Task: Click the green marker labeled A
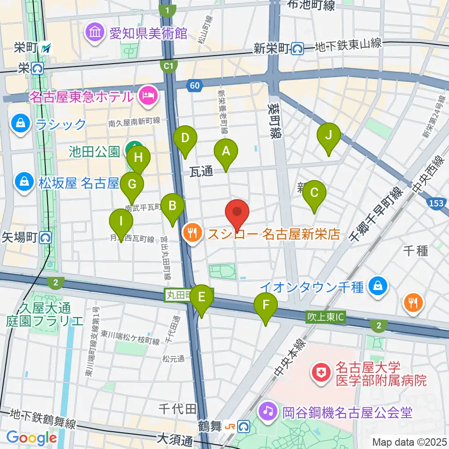[226, 152]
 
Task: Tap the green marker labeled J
[328, 136]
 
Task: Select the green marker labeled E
[202, 297]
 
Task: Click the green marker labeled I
[121, 221]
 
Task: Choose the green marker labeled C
[314, 193]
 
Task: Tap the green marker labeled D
[185, 139]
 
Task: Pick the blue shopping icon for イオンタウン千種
[377, 286]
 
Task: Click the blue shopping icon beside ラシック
[21, 124]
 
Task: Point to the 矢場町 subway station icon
[45, 238]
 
